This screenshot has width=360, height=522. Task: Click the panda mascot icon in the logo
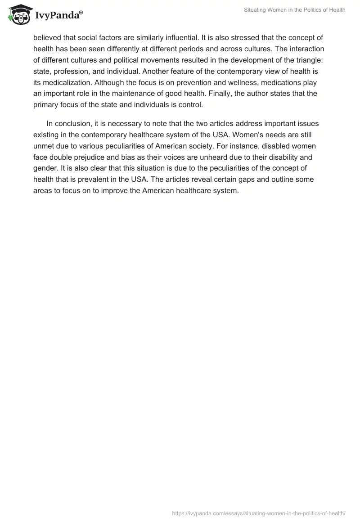tap(18, 15)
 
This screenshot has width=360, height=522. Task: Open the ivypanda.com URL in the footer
tap(259, 513)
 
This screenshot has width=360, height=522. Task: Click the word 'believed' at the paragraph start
tap(48, 38)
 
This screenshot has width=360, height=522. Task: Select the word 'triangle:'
tap(308, 59)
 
